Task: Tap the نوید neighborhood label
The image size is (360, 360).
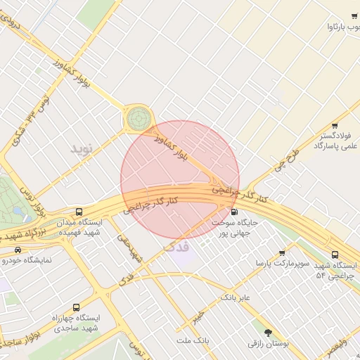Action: pyautogui.click(x=82, y=149)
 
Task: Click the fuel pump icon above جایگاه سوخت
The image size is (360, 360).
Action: pyautogui.click(x=234, y=211)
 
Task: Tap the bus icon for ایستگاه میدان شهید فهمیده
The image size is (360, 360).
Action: pyautogui.click(x=79, y=211)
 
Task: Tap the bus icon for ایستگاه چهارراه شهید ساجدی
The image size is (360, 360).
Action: pyautogui.click(x=76, y=307)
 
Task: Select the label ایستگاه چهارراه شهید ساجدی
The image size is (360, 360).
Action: pyautogui.click(x=77, y=323)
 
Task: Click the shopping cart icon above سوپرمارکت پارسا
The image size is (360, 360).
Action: pyautogui.click(x=282, y=253)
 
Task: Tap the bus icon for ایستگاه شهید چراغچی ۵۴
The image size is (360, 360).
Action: pyautogui.click(x=334, y=255)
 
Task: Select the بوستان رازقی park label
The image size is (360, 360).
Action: pyautogui.click(x=268, y=343)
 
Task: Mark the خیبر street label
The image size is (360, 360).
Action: pyautogui.click(x=200, y=316)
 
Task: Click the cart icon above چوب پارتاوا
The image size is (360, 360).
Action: pyautogui.click(x=354, y=15)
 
